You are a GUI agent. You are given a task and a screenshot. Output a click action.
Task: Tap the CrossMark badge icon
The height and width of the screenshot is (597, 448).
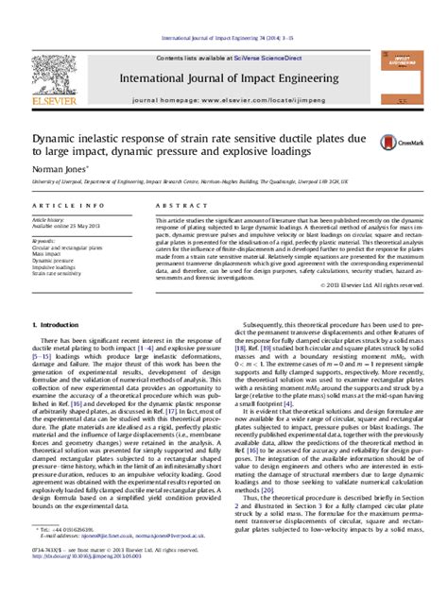coord(389,143)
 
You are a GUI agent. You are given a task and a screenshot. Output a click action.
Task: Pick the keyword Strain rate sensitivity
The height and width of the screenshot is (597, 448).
coord(58,274)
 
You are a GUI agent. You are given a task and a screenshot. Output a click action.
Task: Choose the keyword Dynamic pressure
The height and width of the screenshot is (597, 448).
coord(53,261)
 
